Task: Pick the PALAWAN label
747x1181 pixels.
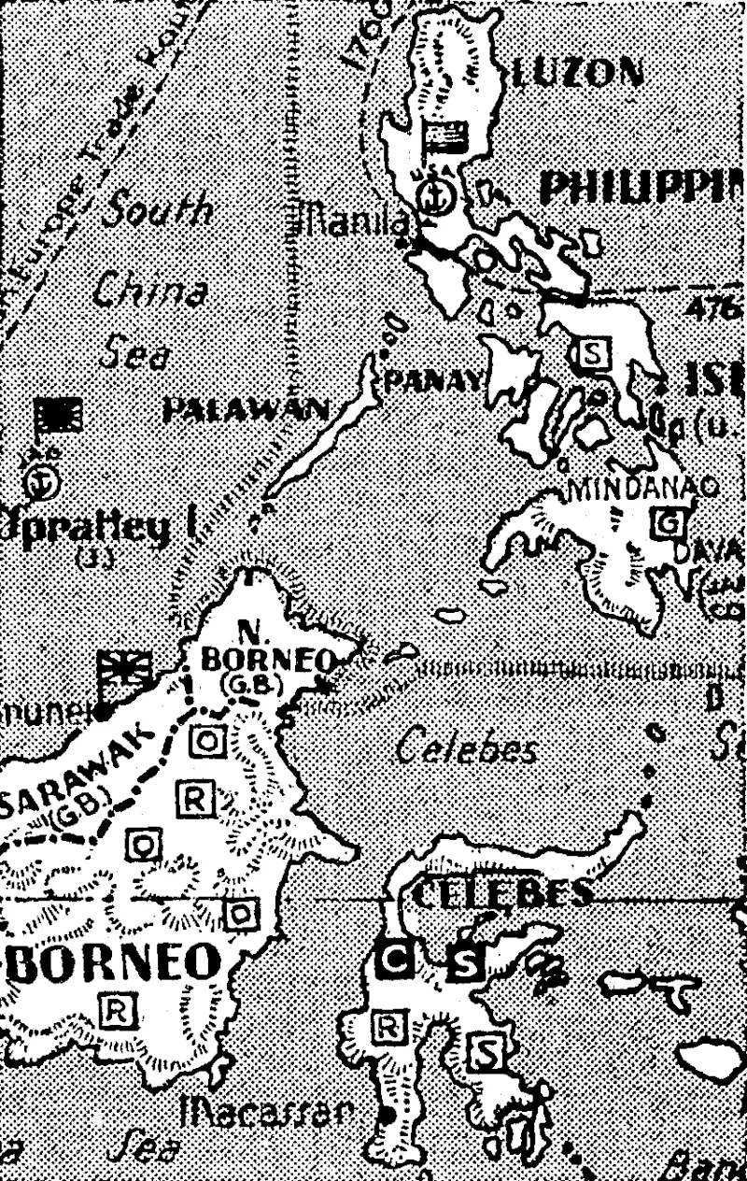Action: (245, 408)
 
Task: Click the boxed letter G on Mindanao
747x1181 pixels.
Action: (670, 524)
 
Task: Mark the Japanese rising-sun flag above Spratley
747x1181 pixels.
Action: (58, 415)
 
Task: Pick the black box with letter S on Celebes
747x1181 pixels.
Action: (464, 963)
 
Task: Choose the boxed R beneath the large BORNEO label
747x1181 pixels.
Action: (117, 1009)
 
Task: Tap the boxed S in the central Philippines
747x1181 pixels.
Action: (594, 352)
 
